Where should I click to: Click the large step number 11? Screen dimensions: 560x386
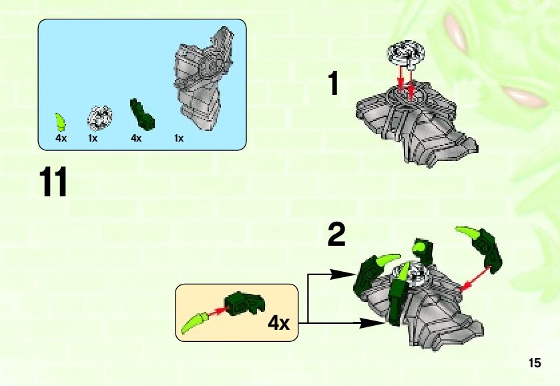click(53, 182)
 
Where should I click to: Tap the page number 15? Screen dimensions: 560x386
click(535, 363)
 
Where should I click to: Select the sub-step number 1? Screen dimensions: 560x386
click(334, 83)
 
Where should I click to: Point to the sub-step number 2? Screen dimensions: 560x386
click(337, 234)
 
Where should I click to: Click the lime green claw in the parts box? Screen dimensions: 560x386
click(60, 122)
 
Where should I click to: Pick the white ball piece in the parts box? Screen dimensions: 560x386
click(99, 118)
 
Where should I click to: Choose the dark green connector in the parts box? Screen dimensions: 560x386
click(142, 114)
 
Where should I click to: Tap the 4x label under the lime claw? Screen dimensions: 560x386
click(61, 138)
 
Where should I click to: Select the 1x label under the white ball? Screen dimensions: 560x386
click(93, 138)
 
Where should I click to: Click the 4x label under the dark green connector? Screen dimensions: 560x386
click(136, 138)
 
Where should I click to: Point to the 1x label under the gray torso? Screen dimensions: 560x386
click(179, 138)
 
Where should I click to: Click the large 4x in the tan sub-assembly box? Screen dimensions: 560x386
click(278, 323)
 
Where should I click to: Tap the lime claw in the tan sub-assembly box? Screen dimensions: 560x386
click(194, 323)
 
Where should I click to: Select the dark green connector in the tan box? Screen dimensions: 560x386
click(245, 303)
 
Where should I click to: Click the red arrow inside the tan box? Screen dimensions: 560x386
click(216, 312)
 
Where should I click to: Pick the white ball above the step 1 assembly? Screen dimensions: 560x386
click(406, 54)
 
